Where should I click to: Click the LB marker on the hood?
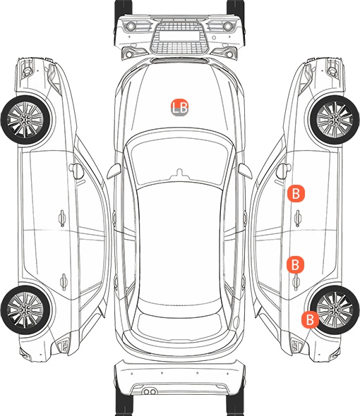[x=179, y=107]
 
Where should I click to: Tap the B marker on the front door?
[x=296, y=193]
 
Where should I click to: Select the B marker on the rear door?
[x=295, y=264]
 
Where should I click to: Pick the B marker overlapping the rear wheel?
[x=310, y=319]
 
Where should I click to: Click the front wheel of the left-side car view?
[x=25, y=120]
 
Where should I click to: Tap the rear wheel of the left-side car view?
[x=25, y=310]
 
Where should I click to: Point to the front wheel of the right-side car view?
[x=335, y=120]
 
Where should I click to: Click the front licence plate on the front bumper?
[x=179, y=36]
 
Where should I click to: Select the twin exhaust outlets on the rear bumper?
[x=150, y=391]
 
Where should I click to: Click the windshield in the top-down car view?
[x=180, y=159]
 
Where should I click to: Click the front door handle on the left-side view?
[x=62, y=218]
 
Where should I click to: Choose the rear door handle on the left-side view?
[x=64, y=281]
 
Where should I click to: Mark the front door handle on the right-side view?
[x=298, y=218]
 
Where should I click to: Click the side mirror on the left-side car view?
[x=76, y=171]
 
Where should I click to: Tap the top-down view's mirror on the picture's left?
[x=114, y=171]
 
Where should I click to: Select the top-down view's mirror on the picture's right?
[x=245, y=171]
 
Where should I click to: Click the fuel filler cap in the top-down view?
[x=236, y=322]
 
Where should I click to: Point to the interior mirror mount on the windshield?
[x=180, y=173]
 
